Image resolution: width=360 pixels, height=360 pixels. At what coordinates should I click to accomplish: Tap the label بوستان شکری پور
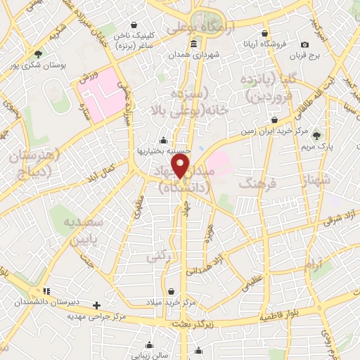tap(37, 65)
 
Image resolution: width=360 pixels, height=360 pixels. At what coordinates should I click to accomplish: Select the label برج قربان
tap(307, 56)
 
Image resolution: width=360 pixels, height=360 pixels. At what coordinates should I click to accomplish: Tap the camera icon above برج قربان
tap(304, 44)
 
